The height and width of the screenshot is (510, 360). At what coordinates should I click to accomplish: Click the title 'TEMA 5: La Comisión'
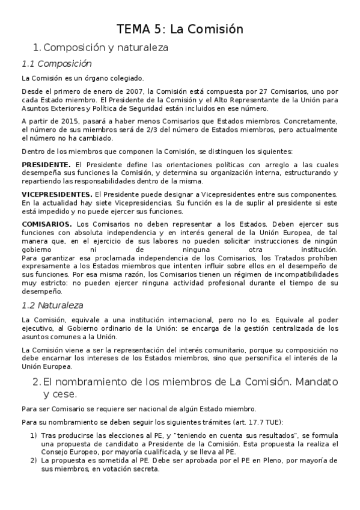179,28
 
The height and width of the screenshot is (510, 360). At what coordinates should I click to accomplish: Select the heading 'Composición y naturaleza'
106,46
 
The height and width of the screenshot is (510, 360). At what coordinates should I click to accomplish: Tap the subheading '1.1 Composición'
56,63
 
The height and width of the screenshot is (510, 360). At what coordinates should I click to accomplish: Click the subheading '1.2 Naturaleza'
52,305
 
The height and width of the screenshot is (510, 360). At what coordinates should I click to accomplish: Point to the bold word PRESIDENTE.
46,164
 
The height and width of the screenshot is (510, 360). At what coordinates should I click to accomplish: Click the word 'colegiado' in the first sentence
124,78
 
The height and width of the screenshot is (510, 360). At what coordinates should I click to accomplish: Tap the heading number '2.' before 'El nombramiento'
36,382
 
